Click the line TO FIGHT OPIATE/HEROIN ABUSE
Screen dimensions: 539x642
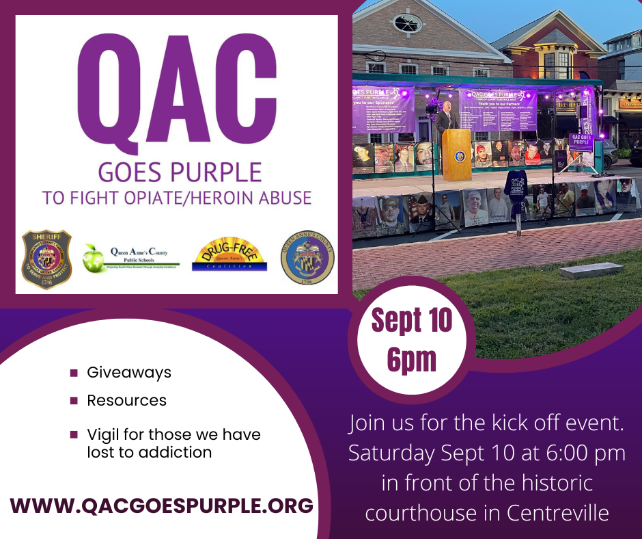pyautogui.click(x=176, y=198)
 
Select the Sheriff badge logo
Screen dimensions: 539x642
pyautogui.click(x=46, y=259)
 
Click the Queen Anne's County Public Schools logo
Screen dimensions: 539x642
pyautogui.click(x=131, y=259)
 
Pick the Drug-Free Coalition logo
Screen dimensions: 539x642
pyautogui.click(x=225, y=259)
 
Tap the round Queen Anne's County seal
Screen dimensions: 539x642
pyautogui.click(x=307, y=258)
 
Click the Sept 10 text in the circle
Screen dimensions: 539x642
pyautogui.click(x=412, y=321)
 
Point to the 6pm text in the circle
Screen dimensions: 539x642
pyautogui.click(x=412, y=359)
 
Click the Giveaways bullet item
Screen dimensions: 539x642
pyautogui.click(x=128, y=373)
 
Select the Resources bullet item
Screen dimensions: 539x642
pyautogui.click(x=126, y=400)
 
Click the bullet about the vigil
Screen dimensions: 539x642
pyautogui.click(x=173, y=443)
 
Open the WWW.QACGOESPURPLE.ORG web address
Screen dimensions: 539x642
pyautogui.click(x=162, y=505)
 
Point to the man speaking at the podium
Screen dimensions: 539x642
pyautogui.click(x=447, y=119)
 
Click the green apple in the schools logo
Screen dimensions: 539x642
pyautogui.click(x=94, y=258)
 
